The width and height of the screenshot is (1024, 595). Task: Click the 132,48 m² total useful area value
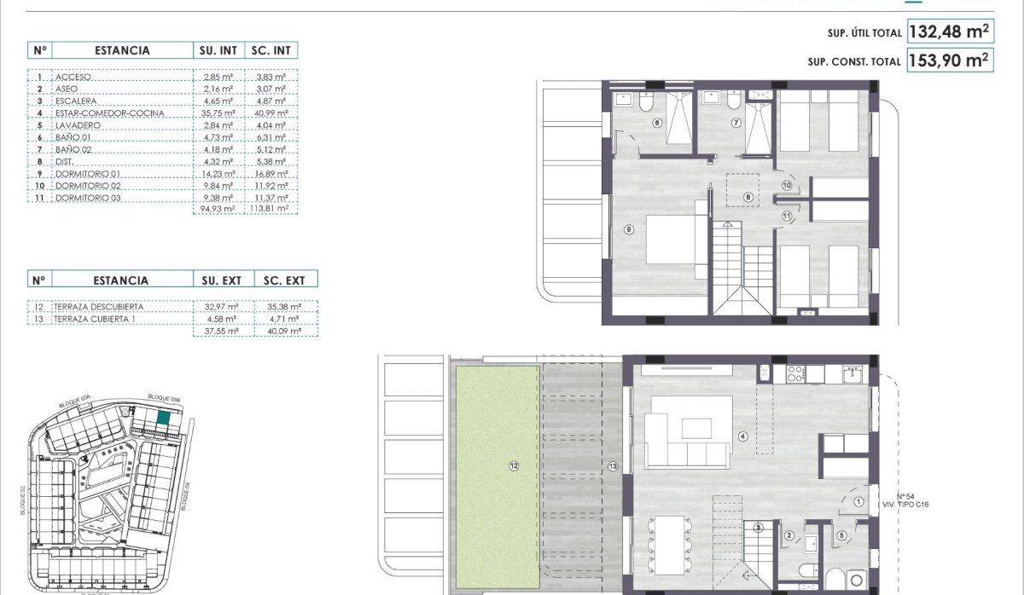tap(950, 32)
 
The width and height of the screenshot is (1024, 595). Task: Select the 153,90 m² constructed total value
tap(950, 61)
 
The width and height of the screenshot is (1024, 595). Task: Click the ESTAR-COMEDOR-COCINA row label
tap(109, 113)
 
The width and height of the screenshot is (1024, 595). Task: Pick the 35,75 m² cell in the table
tap(218, 113)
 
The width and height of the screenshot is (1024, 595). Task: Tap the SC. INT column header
tap(271, 50)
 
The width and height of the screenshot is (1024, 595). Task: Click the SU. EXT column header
tap(221, 280)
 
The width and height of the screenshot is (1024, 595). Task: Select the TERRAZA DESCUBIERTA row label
tap(99, 306)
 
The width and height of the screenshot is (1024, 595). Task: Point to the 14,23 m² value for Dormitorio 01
tap(218, 173)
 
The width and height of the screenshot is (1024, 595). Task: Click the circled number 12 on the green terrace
tap(513, 466)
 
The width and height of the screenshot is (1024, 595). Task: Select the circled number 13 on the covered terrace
tap(612, 466)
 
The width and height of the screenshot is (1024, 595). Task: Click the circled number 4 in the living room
tap(742, 437)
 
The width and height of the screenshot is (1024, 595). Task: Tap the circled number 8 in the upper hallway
tap(748, 197)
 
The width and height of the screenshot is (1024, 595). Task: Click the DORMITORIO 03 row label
tap(88, 198)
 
